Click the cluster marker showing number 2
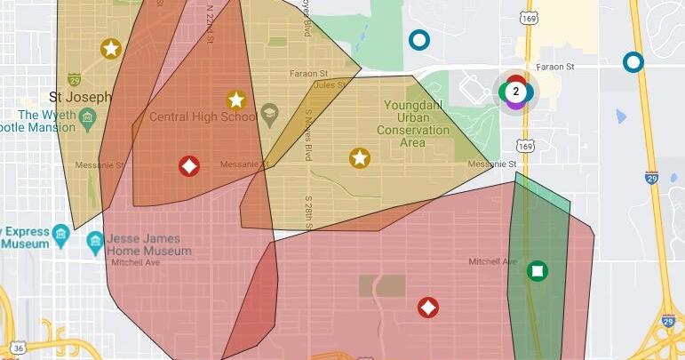pyautogui.click(x=515, y=91)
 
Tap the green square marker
pyautogui.click(x=538, y=270)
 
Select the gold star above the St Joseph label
pyautogui.click(x=110, y=49)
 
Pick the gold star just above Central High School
pyautogui.click(x=235, y=100)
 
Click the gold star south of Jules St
pyautogui.click(x=359, y=158)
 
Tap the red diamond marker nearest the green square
pyautogui.click(x=428, y=308)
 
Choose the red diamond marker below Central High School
pyautogui.click(x=188, y=165)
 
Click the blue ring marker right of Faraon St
pyautogui.click(x=633, y=62)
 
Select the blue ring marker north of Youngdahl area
pyautogui.click(x=418, y=40)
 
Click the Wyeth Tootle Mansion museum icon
pyautogui.click(x=87, y=117)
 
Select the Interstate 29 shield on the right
pyautogui.click(x=651, y=178)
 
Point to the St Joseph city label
pyautogui.click(x=80, y=96)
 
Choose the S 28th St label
pyautogui.click(x=308, y=212)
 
